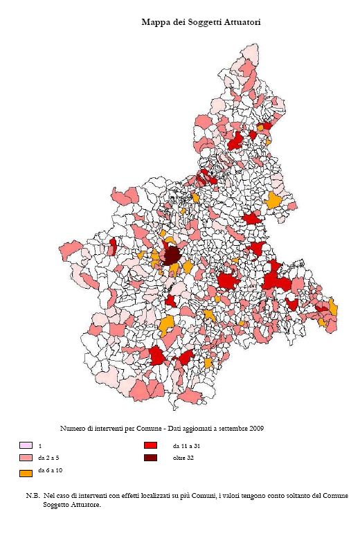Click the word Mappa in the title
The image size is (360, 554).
(x=156, y=22)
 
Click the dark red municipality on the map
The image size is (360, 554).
(x=170, y=256)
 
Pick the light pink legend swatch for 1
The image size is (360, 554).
(x=26, y=445)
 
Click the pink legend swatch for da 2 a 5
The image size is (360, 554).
(x=26, y=458)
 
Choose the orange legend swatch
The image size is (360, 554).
(x=26, y=474)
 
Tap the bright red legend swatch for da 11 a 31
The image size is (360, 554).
(x=150, y=445)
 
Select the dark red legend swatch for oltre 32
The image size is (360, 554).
(x=150, y=458)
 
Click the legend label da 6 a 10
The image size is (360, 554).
(x=51, y=470)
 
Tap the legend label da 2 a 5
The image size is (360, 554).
(x=48, y=458)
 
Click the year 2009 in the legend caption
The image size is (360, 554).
(x=256, y=428)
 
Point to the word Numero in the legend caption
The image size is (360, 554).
(x=73, y=428)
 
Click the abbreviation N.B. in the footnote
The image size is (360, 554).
(x=33, y=496)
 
